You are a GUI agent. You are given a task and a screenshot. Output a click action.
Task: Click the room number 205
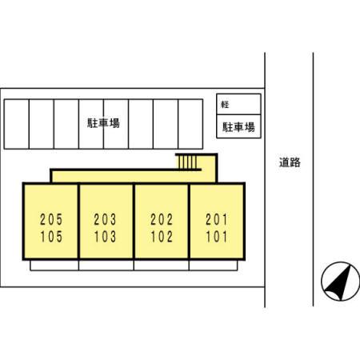[x=51, y=219]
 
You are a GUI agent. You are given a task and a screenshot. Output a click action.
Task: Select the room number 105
[x=51, y=237]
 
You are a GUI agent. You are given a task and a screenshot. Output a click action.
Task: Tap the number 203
[x=105, y=219]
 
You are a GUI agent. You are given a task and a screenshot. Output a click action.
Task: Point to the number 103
[x=105, y=237]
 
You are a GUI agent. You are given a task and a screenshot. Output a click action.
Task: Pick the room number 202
[x=162, y=219]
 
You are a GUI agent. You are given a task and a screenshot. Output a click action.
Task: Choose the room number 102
[x=162, y=237]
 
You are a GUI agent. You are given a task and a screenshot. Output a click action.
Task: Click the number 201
[x=216, y=219]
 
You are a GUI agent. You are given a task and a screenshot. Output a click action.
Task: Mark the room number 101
[x=216, y=237]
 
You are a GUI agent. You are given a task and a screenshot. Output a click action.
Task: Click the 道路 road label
[x=290, y=162]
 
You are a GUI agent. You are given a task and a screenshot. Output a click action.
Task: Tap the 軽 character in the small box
[x=225, y=104]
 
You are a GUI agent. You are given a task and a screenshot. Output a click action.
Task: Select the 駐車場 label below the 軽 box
[x=238, y=127]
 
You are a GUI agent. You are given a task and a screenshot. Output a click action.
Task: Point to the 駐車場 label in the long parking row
[x=103, y=123]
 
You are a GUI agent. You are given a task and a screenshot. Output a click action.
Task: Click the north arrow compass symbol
[x=340, y=282]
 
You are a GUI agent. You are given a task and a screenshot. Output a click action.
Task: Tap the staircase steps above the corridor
[x=188, y=162]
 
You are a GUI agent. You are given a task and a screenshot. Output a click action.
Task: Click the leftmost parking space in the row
[x=17, y=124]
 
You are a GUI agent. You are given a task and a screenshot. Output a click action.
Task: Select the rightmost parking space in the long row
[x=190, y=124]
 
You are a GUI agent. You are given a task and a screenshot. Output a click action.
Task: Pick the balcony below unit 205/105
[x=54, y=266]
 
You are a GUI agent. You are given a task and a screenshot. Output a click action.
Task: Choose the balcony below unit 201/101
[x=213, y=266]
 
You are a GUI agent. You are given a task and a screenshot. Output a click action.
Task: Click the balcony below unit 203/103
[x=106, y=266]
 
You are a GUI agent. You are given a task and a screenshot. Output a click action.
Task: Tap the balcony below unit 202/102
[x=162, y=266]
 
